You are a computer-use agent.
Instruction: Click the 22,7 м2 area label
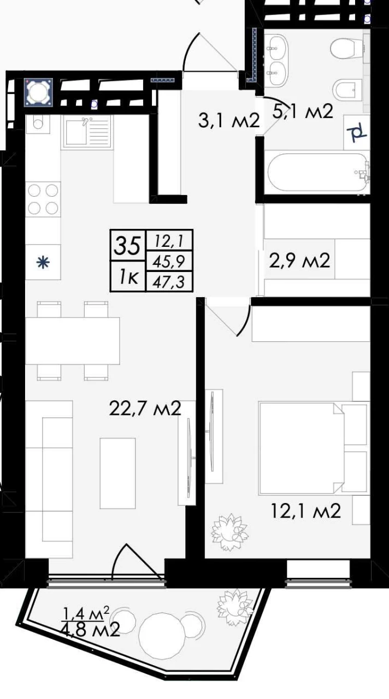[x=145, y=408]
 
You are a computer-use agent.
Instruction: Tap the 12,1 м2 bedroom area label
[x=305, y=511]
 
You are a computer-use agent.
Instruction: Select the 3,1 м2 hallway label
[x=229, y=121]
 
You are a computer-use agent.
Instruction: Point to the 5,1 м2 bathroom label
[x=303, y=111]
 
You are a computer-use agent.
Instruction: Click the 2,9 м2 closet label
[x=299, y=260]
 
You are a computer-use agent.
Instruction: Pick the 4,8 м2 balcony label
[x=91, y=630]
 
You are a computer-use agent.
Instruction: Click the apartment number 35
[x=127, y=246]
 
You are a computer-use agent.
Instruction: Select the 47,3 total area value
[x=169, y=282]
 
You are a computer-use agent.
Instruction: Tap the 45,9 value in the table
[x=169, y=262]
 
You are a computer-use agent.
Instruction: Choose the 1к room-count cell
[x=128, y=277]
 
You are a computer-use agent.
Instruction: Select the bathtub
[x=318, y=173]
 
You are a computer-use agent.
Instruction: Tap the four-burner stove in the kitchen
[x=43, y=199]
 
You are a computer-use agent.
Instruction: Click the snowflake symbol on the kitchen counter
[x=43, y=263]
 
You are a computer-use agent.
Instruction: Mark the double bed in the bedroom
[x=301, y=448]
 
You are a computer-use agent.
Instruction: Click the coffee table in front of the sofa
[x=117, y=473]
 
